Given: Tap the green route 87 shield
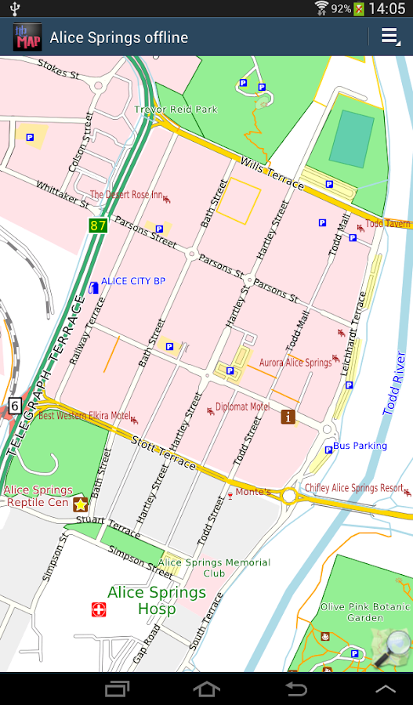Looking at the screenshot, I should [x=97, y=226].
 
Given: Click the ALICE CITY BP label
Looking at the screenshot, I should [x=133, y=281].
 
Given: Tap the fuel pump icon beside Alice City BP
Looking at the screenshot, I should [x=94, y=287].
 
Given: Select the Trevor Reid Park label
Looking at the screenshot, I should [x=176, y=110].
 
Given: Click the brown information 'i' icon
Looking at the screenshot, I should [x=288, y=417].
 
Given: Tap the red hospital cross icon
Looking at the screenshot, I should [x=98, y=609].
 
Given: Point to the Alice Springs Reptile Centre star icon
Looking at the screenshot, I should [x=80, y=504].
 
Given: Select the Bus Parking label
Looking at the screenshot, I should [x=360, y=446].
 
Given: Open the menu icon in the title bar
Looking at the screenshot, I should [x=389, y=37].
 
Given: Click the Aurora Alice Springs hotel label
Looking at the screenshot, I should [x=295, y=363].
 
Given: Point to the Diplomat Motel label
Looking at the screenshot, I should [x=242, y=407].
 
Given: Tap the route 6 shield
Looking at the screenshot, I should [x=14, y=405].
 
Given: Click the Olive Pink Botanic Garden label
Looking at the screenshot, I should [x=365, y=612].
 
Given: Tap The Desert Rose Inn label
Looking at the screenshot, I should [x=126, y=194].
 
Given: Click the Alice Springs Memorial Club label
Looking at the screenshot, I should [x=214, y=568].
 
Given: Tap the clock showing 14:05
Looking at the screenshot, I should [x=386, y=9].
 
